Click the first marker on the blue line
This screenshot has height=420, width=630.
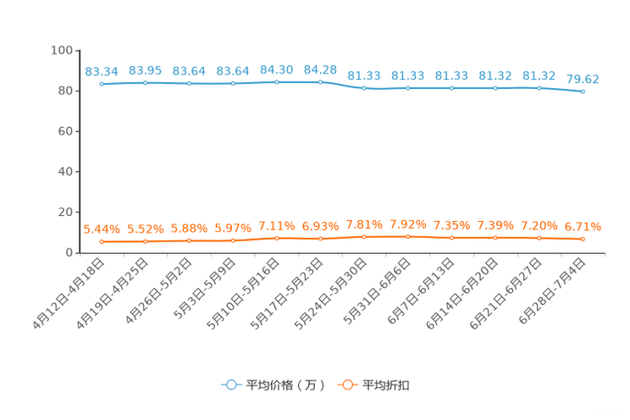102,84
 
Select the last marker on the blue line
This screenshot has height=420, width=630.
583,91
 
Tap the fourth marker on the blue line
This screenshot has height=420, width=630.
233,83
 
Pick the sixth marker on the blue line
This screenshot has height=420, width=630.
320,81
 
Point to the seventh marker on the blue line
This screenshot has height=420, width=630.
364,87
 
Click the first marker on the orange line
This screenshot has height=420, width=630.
102,241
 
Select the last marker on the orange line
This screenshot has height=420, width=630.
583,239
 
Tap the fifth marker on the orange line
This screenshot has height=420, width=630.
276,238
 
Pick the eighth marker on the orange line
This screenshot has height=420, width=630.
408,236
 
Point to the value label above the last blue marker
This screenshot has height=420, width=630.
583,79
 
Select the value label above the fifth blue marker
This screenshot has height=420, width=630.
276,69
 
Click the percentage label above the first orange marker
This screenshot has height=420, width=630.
102,229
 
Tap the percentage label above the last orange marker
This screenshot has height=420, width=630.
583,226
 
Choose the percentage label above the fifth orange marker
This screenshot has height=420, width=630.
276,225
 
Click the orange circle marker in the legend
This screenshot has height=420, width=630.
347,384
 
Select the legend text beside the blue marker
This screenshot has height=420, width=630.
285,385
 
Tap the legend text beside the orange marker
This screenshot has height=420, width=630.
387,385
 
